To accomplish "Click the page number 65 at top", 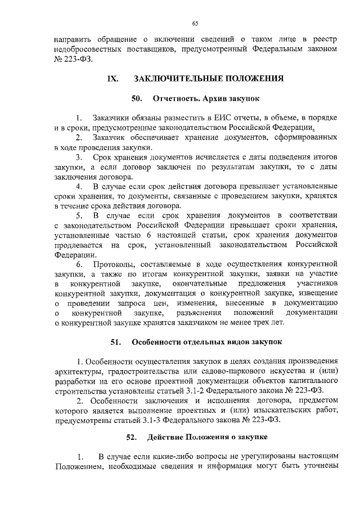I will (x=195, y=23).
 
